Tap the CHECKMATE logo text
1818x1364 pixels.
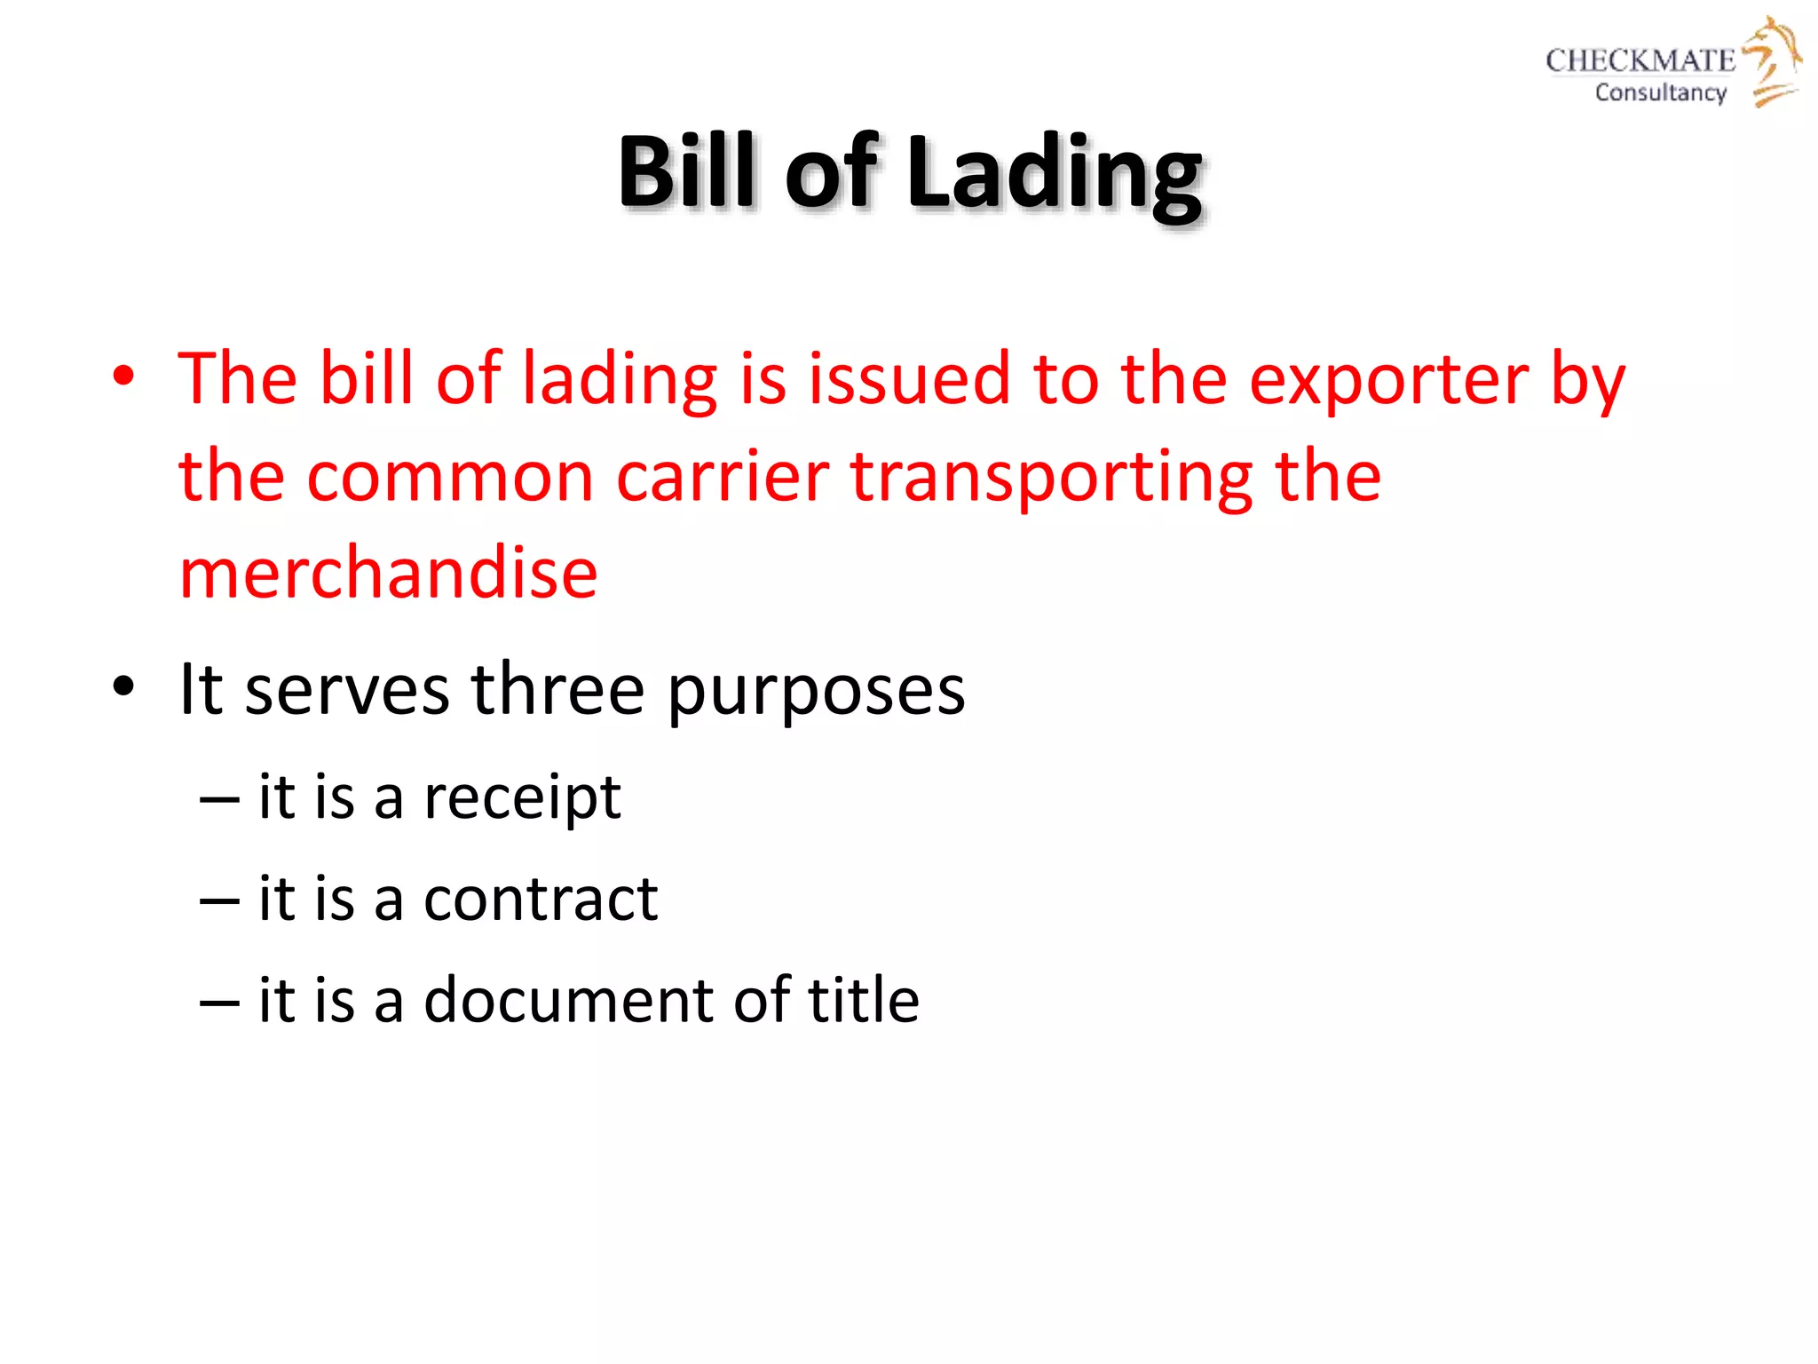point(1640,60)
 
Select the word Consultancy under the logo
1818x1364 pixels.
point(1660,92)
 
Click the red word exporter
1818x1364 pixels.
point(1388,380)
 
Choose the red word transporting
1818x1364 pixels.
point(1051,478)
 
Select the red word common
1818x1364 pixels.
point(450,478)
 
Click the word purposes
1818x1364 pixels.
point(816,691)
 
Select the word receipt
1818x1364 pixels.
point(522,798)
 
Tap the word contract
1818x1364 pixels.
point(541,899)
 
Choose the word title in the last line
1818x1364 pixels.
point(863,1000)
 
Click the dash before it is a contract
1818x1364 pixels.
point(219,900)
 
